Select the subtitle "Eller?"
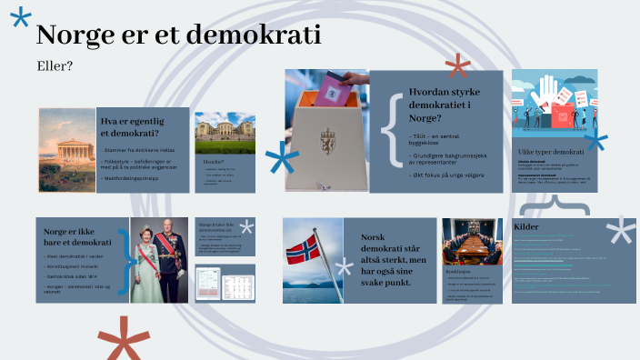point(55,65)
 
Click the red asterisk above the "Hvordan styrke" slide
point(457,65)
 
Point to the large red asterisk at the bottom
point(123,340)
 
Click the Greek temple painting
point(66,150)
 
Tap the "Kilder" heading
point(526,226)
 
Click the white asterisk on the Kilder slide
point(621,231)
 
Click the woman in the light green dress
point(146,259)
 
